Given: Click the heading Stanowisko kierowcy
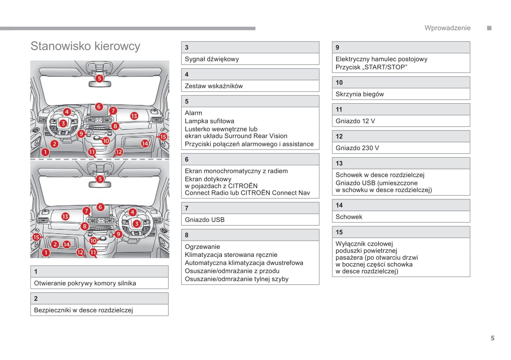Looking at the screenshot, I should point(85,46).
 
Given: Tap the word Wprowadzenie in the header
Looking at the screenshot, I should point(447,28).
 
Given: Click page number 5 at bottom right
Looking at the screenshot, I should point(492,338).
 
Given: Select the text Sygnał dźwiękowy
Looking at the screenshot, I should point(211,59).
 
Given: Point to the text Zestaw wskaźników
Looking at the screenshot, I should point(214,86).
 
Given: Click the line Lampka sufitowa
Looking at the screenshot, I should point(209,121).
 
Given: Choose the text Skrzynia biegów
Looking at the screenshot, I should point(359,94).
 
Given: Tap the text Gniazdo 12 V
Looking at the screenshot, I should point(355,121).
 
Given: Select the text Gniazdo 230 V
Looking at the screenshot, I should point(357,148).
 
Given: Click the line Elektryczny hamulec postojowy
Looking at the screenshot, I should point(381,59).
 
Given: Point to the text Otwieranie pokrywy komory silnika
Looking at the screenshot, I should point(85,283).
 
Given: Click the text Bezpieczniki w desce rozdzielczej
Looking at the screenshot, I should point(83,310).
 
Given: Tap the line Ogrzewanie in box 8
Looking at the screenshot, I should point(202,247).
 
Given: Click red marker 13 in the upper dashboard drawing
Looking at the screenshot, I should point(134,116).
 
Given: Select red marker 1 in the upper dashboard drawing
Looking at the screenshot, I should point(45,152).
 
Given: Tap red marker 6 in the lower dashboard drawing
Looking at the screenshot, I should point(100,207).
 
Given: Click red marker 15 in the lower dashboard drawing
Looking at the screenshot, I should point(36,237).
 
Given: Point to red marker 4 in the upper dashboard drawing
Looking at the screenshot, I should point(67,112).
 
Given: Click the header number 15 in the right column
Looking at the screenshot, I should point(339,232).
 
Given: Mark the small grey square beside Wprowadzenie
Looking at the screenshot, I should point(489,28).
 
